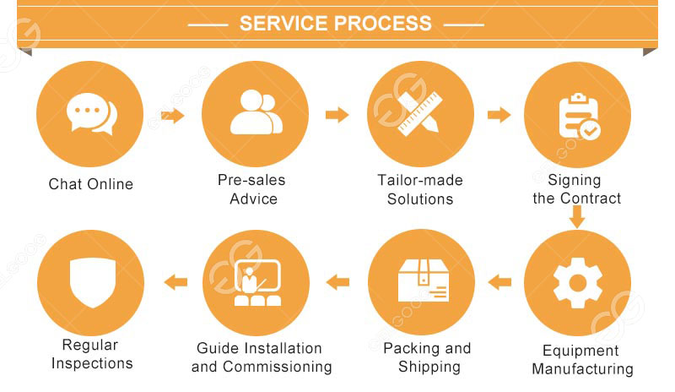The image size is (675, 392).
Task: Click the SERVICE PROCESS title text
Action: click(x=336, y=24)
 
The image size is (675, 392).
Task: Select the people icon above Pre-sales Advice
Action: click(x=254, y=112)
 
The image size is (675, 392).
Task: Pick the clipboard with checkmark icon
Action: click(x=580, y=117)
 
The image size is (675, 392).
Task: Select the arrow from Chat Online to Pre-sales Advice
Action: click(x=173, y=116)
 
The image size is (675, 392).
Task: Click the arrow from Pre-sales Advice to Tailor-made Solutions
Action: click(x=337, y=115)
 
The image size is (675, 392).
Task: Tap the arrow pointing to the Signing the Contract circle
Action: click(x=499, y=115)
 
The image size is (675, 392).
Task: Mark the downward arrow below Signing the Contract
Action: click(x=577, y=218)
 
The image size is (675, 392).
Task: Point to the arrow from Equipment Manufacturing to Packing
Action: click(x=500, y=282)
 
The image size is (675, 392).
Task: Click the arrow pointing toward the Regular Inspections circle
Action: click(x=175, y=282)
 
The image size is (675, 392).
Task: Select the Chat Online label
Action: click(x=91, y=184)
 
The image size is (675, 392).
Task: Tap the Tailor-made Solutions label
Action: click(x=420, y=190)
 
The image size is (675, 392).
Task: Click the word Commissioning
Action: click(x=283, y=367)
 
